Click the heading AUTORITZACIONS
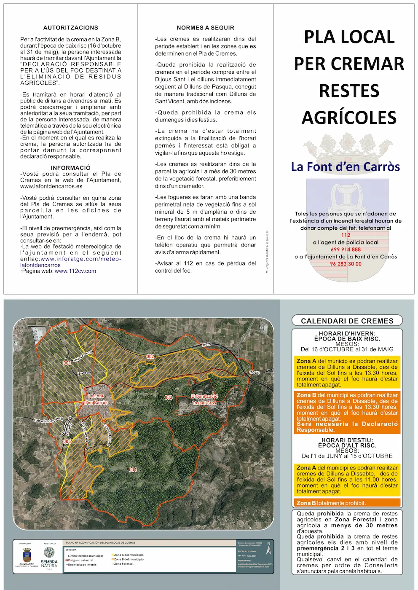[71, 28]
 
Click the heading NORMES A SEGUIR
[205, 28]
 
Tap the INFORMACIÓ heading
[71, 168]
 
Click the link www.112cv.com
[75, 271]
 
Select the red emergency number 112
[346, 235]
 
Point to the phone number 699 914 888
[346, 249]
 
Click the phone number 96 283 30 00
[346, 264]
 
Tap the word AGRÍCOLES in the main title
[349, 118]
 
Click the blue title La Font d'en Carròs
[345, 167]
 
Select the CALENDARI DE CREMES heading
[347, 321]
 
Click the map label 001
[67, 363]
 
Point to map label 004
[133, 469]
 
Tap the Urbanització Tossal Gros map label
[204, 400]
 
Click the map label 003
[169, 397]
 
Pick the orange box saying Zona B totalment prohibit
[347, 503]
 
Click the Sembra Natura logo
[49, 557]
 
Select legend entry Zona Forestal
[123, 563]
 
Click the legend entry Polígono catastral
[80, 560]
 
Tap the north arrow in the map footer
[269, 548]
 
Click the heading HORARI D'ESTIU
[347, 440]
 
